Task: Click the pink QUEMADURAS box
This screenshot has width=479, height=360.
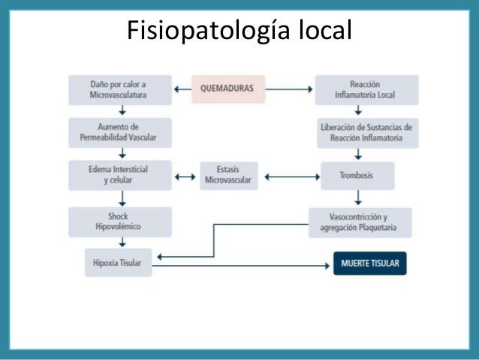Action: click(228, 89)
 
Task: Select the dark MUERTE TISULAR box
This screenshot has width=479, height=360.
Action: click(370, 263)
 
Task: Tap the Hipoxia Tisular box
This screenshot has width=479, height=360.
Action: click(118, 263)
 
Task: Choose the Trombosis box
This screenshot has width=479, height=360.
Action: click(357, 176)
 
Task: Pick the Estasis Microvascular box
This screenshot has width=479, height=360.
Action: click(229, 176)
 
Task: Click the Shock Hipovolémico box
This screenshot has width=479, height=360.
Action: click(120, 222)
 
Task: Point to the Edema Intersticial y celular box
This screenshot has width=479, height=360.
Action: click(120, 175)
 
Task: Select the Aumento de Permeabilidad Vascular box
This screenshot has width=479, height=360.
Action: click(120, 133)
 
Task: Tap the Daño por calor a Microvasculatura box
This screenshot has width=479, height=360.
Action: click(120, 90)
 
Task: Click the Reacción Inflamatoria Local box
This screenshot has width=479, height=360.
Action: click(367, 90)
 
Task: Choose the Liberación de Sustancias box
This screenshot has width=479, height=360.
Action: click(368, 133)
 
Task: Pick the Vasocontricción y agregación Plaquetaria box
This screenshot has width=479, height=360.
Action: click(360, 222)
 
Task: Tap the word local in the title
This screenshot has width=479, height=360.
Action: click(325, 29)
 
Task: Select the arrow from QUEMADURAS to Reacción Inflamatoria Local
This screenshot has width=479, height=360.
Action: click(289, 89)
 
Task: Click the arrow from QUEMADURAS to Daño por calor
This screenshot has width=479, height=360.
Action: click(182, 89)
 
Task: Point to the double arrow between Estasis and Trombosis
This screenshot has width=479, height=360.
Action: click(292, 177)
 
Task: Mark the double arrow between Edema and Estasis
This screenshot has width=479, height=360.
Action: click(185, 177)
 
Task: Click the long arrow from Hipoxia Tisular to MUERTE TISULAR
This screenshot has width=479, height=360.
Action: click(241, 266)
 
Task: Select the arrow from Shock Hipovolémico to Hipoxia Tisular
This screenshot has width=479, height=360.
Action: click(122, 242)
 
